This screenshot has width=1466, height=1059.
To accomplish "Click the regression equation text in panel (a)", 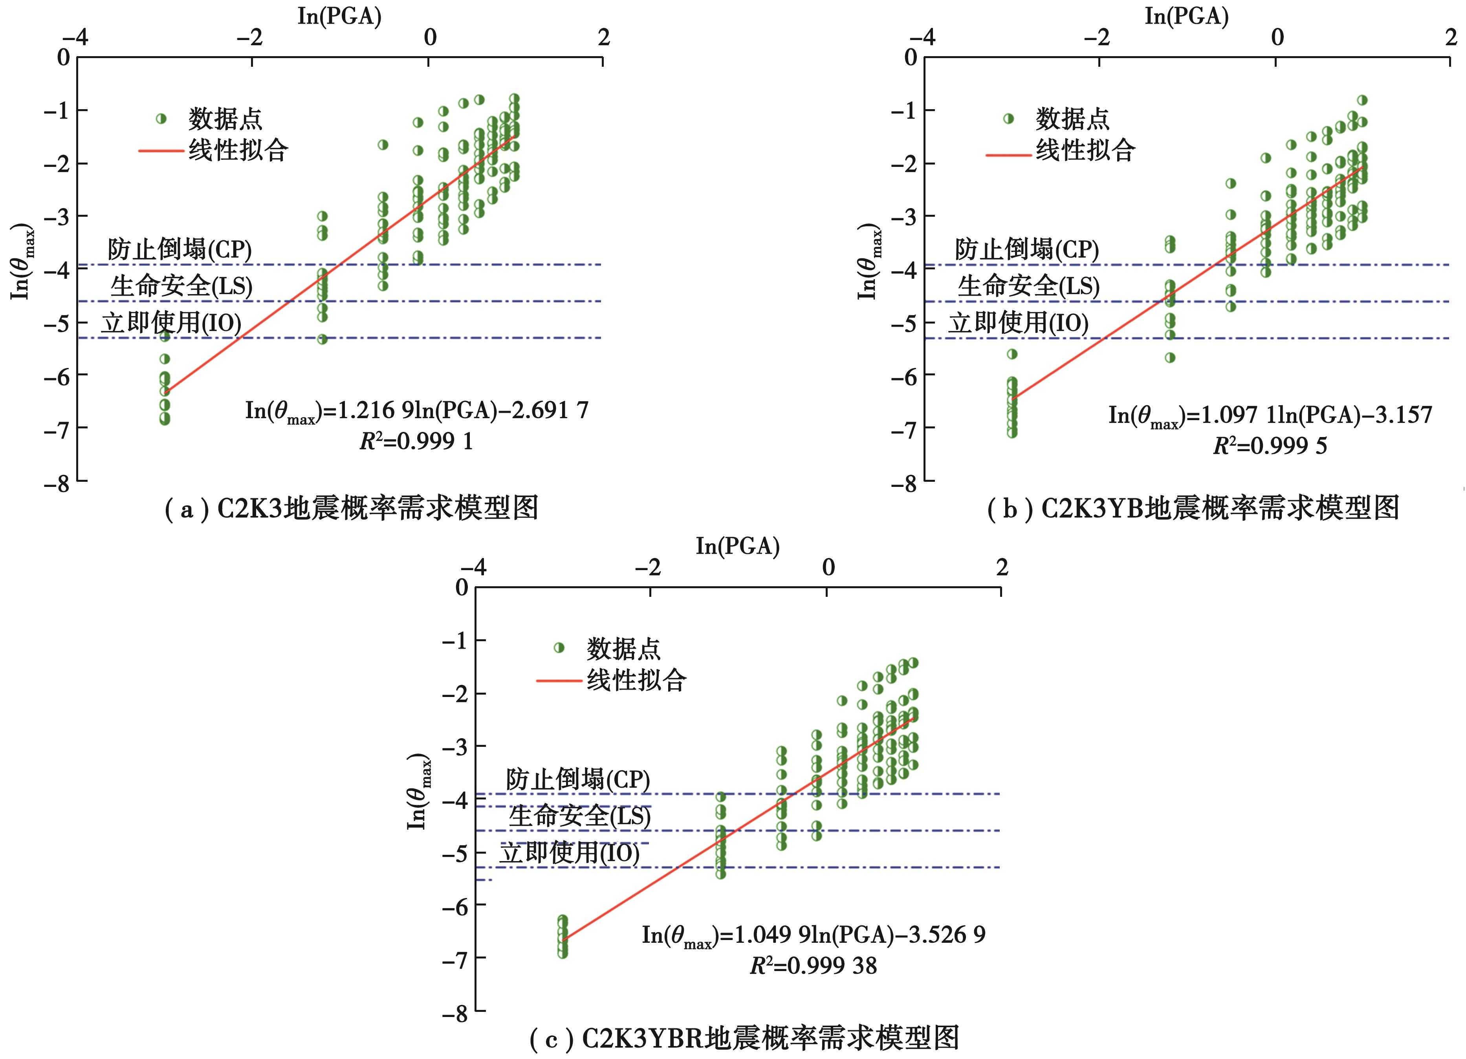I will [416, 411].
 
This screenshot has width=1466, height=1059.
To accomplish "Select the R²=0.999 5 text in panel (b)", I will [1270, 446].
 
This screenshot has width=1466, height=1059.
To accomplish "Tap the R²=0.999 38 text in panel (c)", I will [813, 966].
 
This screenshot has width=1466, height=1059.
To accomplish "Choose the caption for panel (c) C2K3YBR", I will [743, 1038].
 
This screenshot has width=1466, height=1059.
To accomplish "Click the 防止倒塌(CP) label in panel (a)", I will [180, 249].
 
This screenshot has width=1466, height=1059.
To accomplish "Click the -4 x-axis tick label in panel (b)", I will [925, 37].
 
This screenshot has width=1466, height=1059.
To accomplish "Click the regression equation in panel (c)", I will [813, 935].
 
